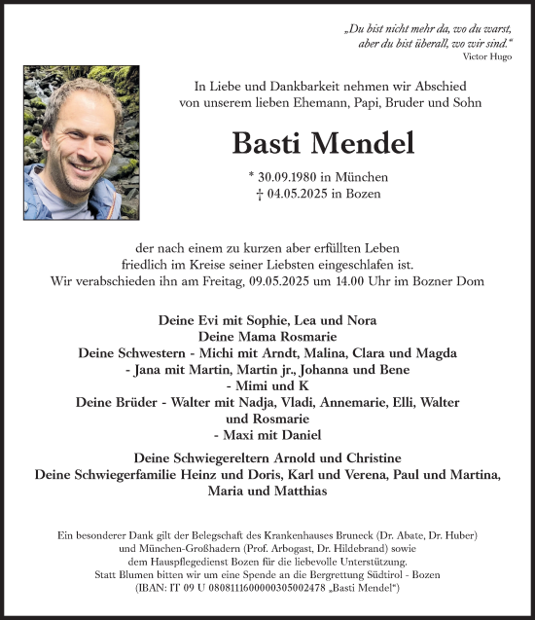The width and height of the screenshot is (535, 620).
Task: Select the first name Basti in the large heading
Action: click(x=266, y=143)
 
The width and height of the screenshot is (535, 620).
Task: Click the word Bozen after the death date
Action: click(x=361, y=194)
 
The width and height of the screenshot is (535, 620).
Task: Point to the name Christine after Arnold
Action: click(x=364, y=457)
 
